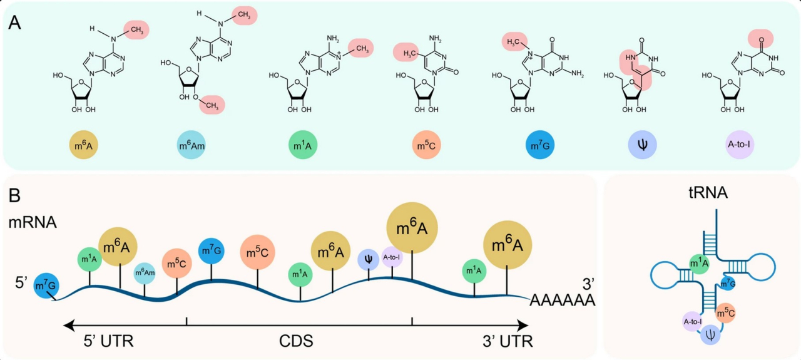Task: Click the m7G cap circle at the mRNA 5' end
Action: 46,286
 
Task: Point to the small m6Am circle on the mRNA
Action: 145,273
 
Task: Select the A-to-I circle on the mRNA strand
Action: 391,257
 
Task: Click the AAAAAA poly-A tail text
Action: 562,301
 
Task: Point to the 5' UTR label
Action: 109,342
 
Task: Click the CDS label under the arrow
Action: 295,342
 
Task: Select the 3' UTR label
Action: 508,342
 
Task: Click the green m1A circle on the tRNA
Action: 699,264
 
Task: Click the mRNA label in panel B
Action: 33,222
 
